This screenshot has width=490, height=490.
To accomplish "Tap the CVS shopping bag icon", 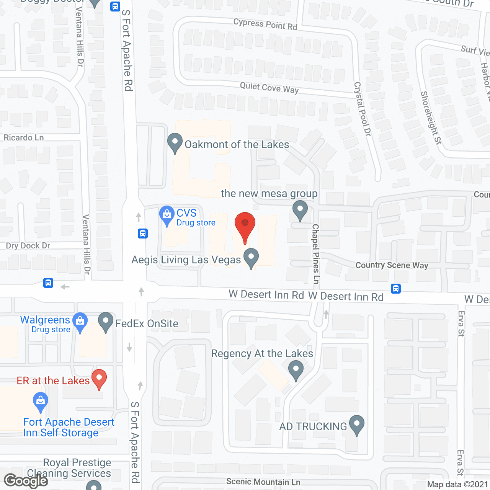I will (167, 216).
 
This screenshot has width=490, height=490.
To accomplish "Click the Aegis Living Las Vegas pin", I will (251, 258).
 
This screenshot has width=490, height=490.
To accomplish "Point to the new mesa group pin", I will (300, 210).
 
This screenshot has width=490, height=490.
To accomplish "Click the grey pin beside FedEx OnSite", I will (106, 322).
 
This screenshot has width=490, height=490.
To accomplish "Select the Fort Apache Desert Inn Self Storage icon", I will (41, 402).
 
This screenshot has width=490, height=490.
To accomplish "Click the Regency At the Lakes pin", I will (296, 370).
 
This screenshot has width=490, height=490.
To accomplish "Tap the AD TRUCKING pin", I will (357, 425).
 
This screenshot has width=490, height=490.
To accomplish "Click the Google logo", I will (26, 481).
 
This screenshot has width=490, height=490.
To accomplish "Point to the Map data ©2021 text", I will (457, 485).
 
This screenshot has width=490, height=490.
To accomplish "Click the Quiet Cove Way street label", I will (269, 88).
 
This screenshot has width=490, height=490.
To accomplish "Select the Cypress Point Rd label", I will (265, 24).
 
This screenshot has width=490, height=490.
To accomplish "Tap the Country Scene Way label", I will (392, 265).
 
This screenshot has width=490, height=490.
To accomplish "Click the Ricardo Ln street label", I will (24, 137).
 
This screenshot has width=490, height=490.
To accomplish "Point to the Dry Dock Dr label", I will (28, 246).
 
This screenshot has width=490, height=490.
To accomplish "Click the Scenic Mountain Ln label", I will (263, 482).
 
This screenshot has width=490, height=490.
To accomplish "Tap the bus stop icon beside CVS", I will (143, 233).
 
